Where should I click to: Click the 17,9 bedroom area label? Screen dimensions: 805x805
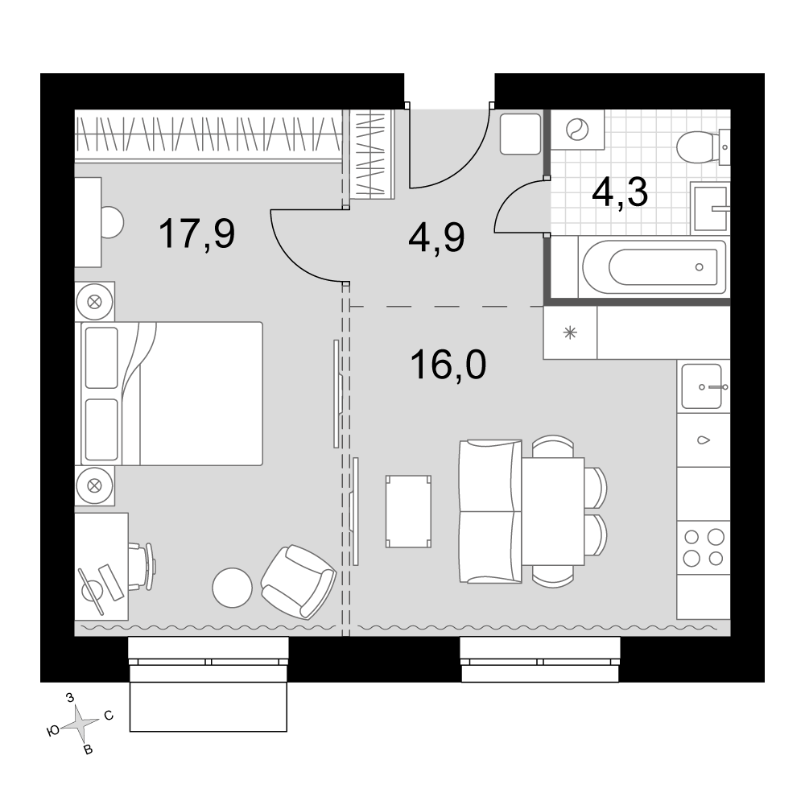[197, 233]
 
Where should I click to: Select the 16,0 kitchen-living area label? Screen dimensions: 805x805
[448, 365]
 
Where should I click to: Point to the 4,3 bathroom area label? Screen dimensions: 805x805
[620, 193]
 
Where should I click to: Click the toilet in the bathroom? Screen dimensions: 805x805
[702, 147]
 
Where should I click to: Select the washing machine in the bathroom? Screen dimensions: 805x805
[577, 130]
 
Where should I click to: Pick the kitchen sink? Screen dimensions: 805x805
[704, 386]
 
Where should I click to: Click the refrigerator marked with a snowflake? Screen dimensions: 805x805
[570, 332]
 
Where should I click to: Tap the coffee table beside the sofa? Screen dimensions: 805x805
[409, 511]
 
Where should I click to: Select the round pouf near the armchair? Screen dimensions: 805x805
[233, 588]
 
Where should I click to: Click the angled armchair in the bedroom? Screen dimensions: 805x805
[299, 582]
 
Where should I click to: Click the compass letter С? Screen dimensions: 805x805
[109, 715]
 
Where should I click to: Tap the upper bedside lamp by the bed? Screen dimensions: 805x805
[94, 302]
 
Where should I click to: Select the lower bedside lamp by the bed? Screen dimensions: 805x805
[94, 485]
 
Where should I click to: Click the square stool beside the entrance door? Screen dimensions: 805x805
[520, 134]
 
